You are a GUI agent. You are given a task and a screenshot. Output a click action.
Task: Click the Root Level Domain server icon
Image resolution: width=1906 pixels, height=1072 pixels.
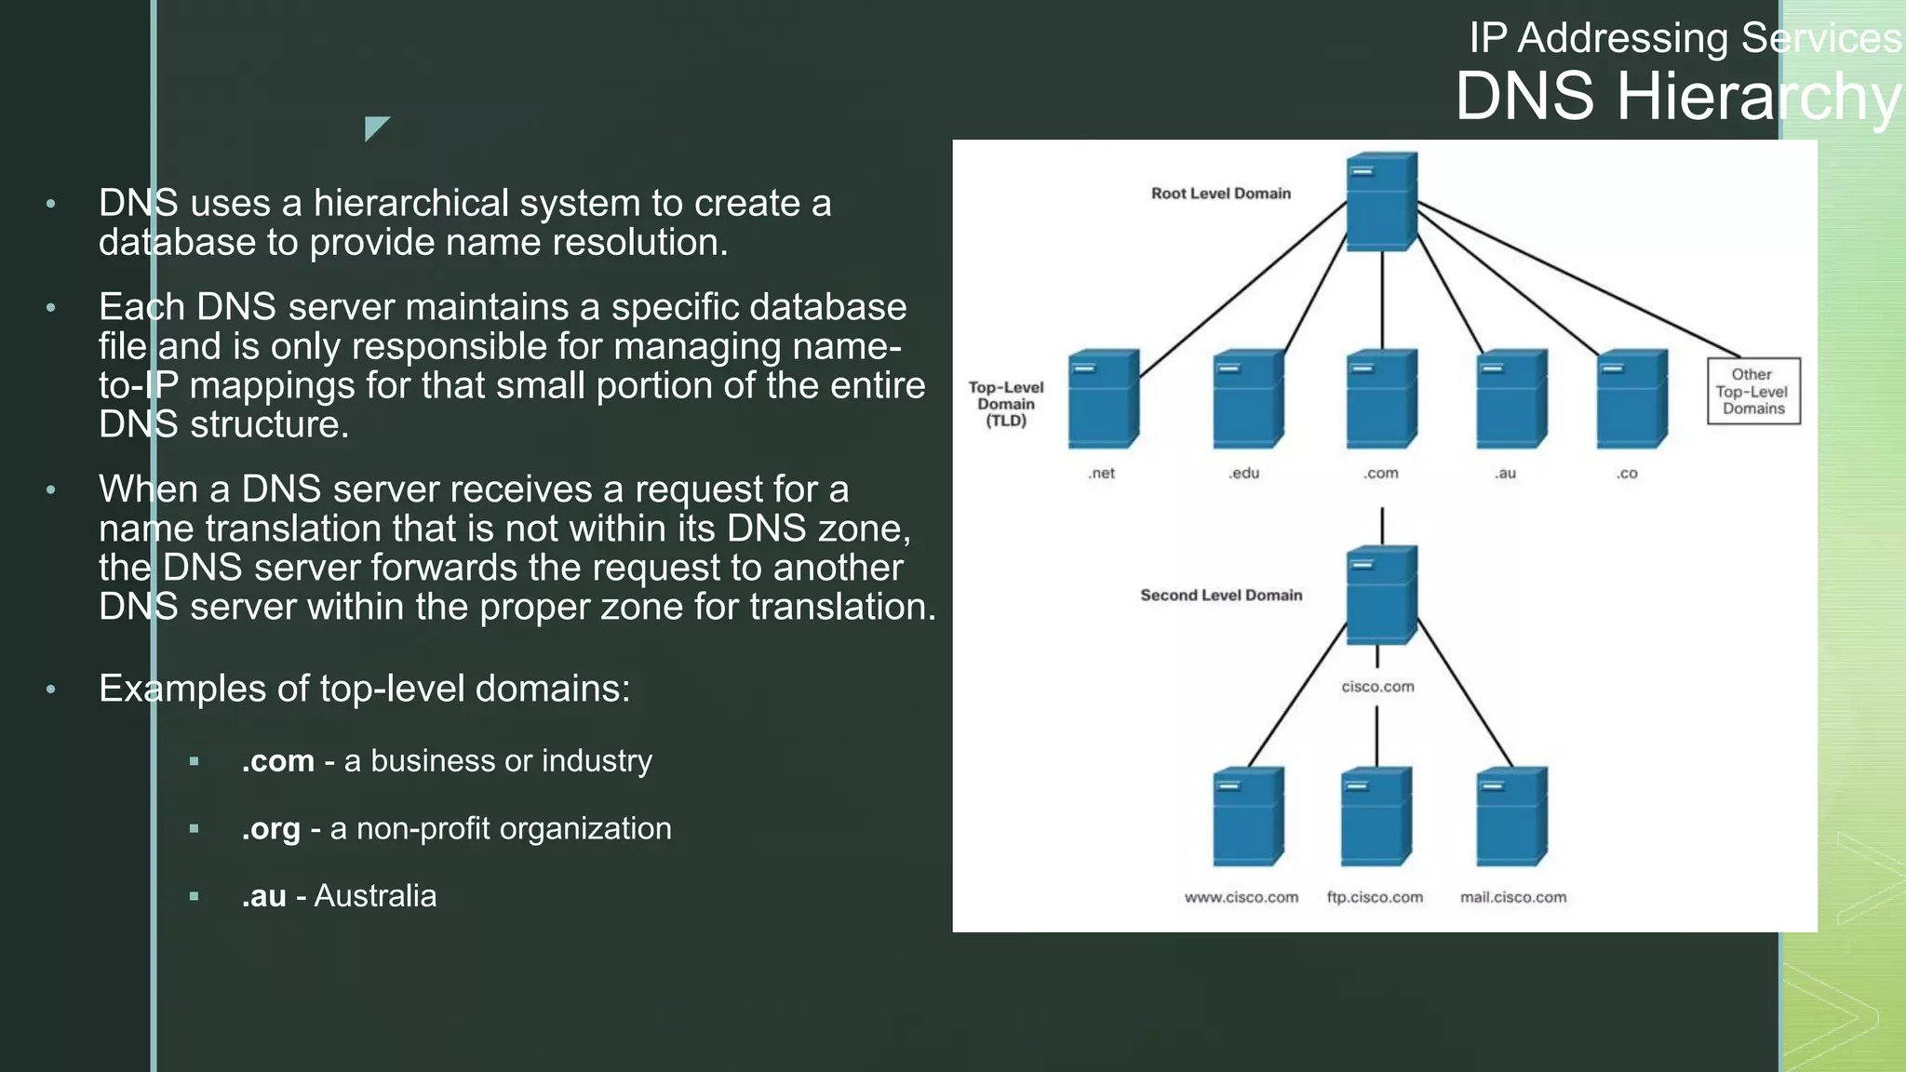pos(1382,202)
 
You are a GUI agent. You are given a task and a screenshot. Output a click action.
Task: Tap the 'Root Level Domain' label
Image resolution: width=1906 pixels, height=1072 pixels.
pos(1220,194)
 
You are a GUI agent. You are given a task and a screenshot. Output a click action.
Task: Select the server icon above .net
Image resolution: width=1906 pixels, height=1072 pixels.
pos(1104,398)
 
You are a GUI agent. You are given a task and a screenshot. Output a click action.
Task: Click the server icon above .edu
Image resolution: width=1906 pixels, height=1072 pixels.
pos(1248,398)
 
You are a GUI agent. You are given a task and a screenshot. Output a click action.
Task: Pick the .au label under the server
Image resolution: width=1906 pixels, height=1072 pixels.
pos(1505,474)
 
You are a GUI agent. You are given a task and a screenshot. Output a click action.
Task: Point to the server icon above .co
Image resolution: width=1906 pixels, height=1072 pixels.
pos(1631,398)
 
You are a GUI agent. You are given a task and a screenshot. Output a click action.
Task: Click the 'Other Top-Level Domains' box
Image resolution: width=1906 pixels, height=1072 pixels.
pos(1752,392)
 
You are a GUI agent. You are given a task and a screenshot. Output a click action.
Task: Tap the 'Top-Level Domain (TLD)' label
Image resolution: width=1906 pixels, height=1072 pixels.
pos(1005,404)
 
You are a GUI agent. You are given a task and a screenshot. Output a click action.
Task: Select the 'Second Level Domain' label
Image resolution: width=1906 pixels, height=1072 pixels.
pos(1220,596)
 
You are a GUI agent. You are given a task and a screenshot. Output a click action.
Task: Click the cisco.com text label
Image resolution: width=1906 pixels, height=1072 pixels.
pos(1377,687)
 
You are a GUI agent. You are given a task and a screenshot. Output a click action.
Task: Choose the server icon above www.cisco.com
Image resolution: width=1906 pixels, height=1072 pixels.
pos(1248,816)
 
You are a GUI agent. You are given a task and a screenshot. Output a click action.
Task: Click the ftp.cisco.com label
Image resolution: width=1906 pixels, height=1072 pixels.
pos(1375,898)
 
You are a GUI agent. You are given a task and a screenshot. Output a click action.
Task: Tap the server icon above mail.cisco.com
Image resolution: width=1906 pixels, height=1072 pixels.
pos(1511,816)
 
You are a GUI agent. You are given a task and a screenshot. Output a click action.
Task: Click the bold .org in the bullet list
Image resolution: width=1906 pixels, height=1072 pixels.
pos(271,829)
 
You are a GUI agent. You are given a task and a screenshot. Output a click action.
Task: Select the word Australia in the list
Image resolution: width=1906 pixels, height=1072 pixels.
pos(375,896)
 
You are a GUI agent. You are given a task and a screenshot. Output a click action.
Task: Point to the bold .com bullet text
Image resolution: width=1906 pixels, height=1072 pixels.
pos(277,761)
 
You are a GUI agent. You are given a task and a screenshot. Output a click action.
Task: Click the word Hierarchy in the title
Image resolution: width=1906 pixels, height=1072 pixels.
pos(1759,97)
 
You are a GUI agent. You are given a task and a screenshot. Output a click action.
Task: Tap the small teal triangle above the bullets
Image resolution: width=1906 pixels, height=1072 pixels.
pos(374,127)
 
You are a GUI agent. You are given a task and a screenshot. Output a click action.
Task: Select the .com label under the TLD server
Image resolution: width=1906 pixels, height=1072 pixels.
pos(1381,474)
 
